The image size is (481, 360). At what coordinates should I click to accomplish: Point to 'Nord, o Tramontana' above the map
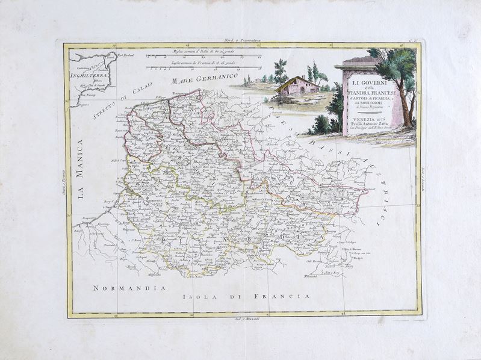tap(241, 41)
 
